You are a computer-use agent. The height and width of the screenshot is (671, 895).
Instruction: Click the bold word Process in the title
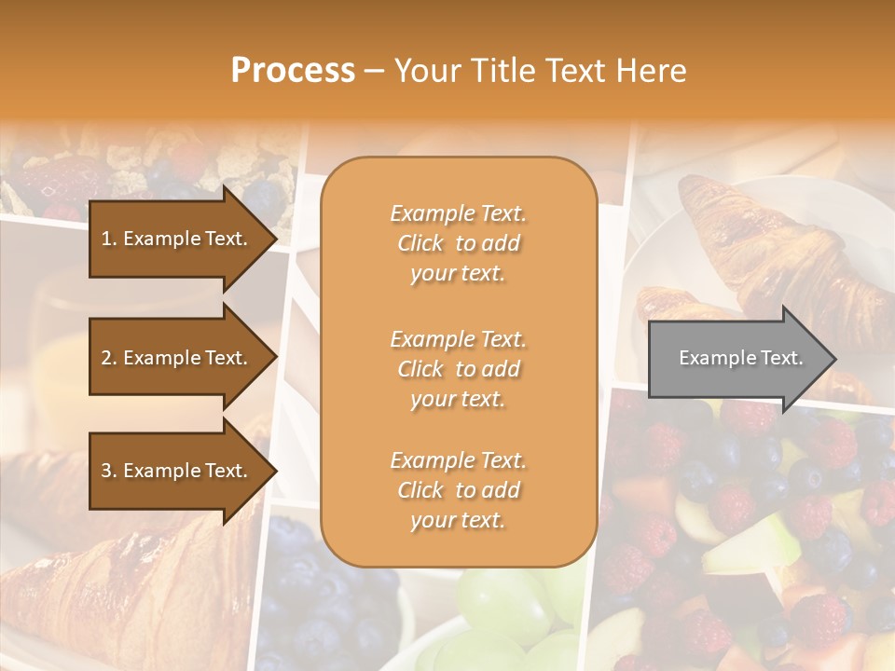click(293, 71)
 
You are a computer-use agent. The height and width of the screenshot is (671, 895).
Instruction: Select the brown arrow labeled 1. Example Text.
click(177, 239)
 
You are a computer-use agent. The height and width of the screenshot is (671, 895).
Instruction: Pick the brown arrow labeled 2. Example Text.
click(177, 358)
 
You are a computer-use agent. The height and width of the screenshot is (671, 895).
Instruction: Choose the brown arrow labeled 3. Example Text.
click(177, 471)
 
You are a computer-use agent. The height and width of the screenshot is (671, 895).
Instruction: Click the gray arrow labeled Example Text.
click(737, 359)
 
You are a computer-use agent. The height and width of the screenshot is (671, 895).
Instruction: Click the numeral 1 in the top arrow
click(105, 239)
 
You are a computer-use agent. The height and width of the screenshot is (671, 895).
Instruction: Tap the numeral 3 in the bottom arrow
click(106, 471)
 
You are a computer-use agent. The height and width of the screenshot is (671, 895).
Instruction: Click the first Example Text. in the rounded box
click(458, 213)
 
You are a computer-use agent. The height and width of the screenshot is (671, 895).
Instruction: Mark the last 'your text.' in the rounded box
click(458, 520)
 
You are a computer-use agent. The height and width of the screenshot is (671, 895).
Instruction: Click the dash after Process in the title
click(375, 71)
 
